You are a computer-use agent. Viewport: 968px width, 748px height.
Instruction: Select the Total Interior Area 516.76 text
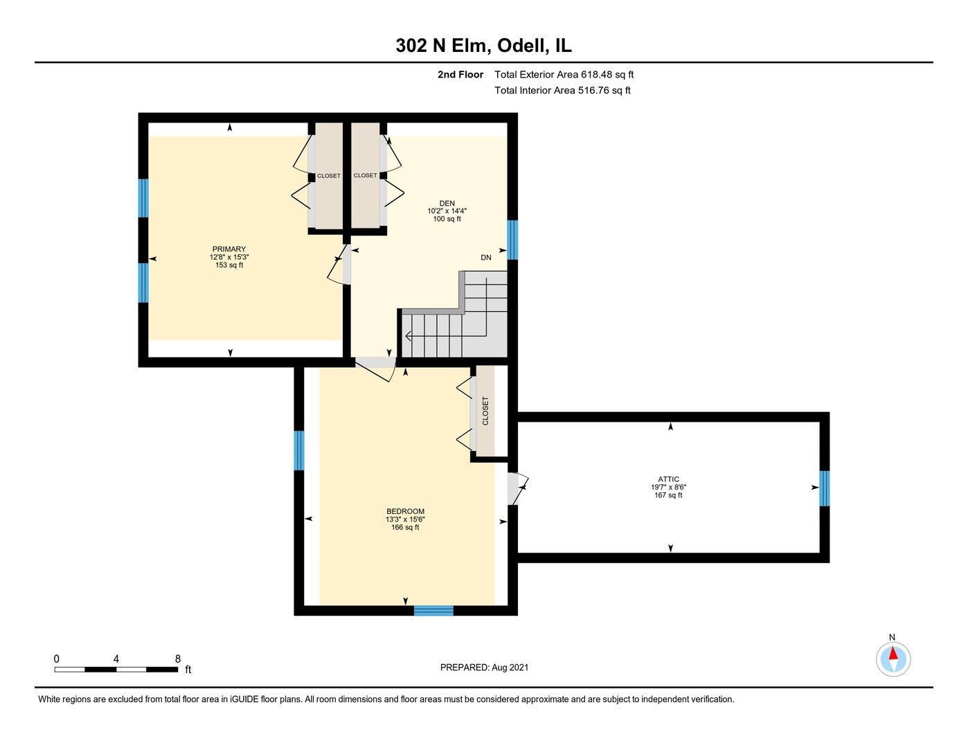tap(562, 91)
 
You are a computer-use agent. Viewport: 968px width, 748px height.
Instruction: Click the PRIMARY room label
tap(229, 249)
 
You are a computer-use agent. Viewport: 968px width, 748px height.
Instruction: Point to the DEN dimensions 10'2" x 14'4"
tap(447, 211)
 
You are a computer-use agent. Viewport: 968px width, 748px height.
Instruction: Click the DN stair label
tap(486, 258)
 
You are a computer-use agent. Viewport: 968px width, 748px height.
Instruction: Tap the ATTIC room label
tap(668, 479)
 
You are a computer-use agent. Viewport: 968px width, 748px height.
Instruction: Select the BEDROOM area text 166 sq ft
tap(405, 528)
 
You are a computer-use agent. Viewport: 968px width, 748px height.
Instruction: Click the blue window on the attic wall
tap(825, 489)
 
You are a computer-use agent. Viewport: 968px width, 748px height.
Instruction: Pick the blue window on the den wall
tap(512, 240)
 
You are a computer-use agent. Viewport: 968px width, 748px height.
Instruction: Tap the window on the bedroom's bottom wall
tap(433, 610)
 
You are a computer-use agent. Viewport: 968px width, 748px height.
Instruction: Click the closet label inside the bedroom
tap(485, 411)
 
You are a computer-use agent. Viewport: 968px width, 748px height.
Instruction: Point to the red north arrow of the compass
tap(893, 654)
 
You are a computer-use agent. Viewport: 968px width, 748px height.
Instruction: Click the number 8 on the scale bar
tap(178, 659)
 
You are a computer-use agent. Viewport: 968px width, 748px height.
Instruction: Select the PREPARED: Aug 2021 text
tap(484, 668)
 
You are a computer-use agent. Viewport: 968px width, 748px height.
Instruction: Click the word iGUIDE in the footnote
tap(244, 700)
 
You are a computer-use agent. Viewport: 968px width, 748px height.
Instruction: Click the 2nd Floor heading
tap(460, 74)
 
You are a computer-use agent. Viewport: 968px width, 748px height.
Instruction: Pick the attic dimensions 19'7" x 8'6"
tap(668, 488)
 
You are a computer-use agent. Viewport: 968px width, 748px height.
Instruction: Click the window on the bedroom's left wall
tap(299, 450)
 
